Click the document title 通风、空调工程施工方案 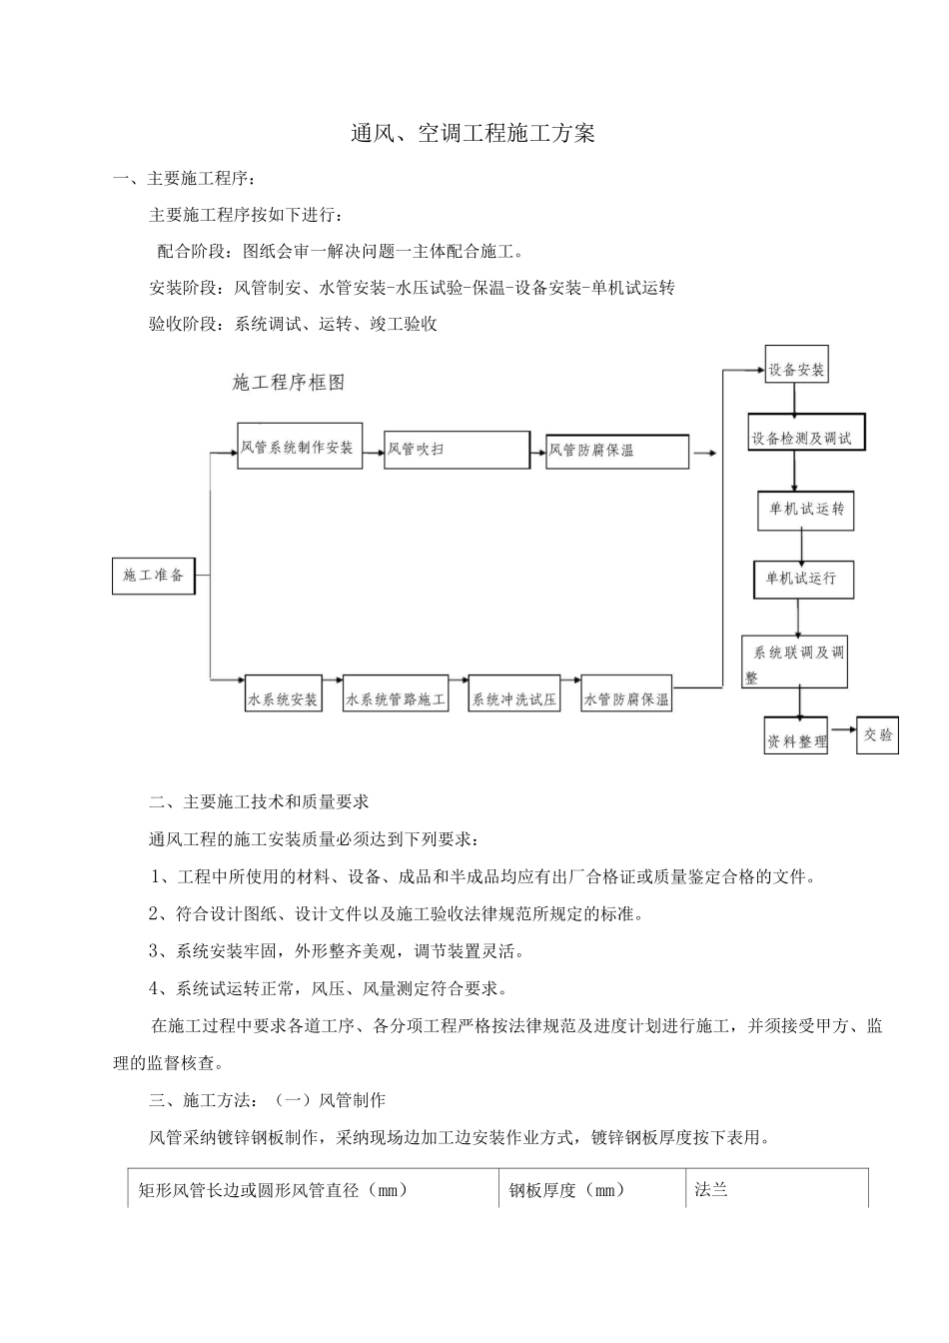[474, 133]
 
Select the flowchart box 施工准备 [153, 576]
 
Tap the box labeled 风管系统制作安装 [299, 447]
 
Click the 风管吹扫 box [457, 450]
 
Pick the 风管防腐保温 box [616, 451]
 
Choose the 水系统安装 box [283, 698]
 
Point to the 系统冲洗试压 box [513, 699]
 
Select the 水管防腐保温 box [626, 699]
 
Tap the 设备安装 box [796, 369]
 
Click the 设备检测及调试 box [807, 438]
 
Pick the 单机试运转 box [806, 510]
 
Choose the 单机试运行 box [802, 579]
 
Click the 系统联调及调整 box [794, 662]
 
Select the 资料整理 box [796, 740]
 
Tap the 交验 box [878, 735]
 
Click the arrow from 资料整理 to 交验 [841, 733]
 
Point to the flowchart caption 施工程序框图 [288, 383]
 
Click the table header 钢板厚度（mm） [567, 1190]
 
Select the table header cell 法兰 [711, 1190]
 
